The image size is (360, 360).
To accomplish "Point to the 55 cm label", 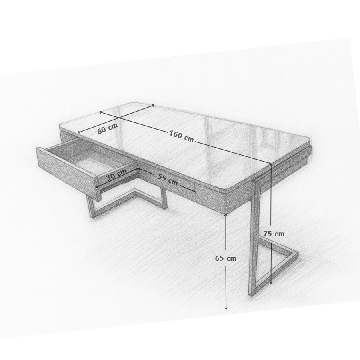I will coord(167,179).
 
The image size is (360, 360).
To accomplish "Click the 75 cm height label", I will coord(274,234).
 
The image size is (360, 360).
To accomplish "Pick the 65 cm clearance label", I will coord(226,258).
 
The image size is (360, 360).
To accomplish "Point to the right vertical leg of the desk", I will coord(252,240).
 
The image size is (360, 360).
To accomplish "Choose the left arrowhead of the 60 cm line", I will coord(79,132).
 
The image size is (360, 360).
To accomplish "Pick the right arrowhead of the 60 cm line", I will coord(153,105).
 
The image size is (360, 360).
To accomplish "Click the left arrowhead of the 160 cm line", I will coord(100,112).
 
